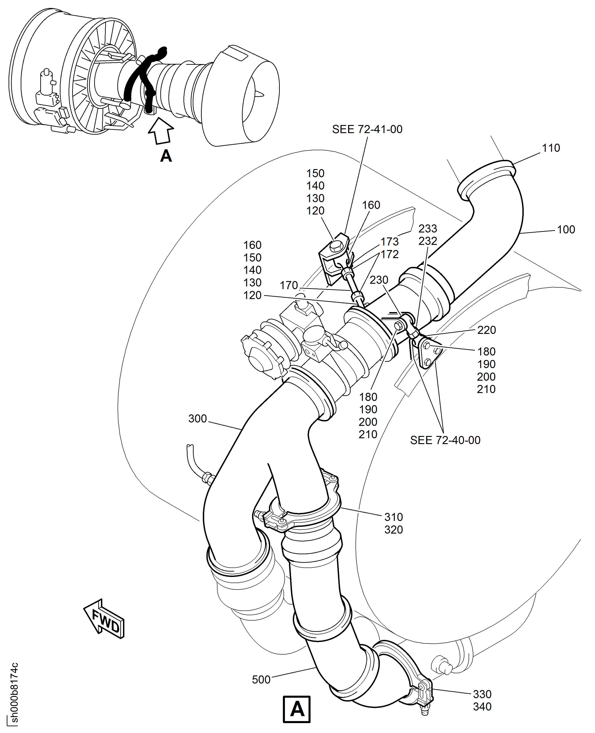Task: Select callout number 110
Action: pos(550,148)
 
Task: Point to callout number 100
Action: pos(566,230)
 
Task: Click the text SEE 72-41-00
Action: pos(367,129)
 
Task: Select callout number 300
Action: pos(197,418)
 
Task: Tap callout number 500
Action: pos(261,679)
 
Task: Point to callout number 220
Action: pos(486,330)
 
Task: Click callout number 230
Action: pos(378,280)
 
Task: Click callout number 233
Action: pos(427,229)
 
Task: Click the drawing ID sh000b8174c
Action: pos(14,692)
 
